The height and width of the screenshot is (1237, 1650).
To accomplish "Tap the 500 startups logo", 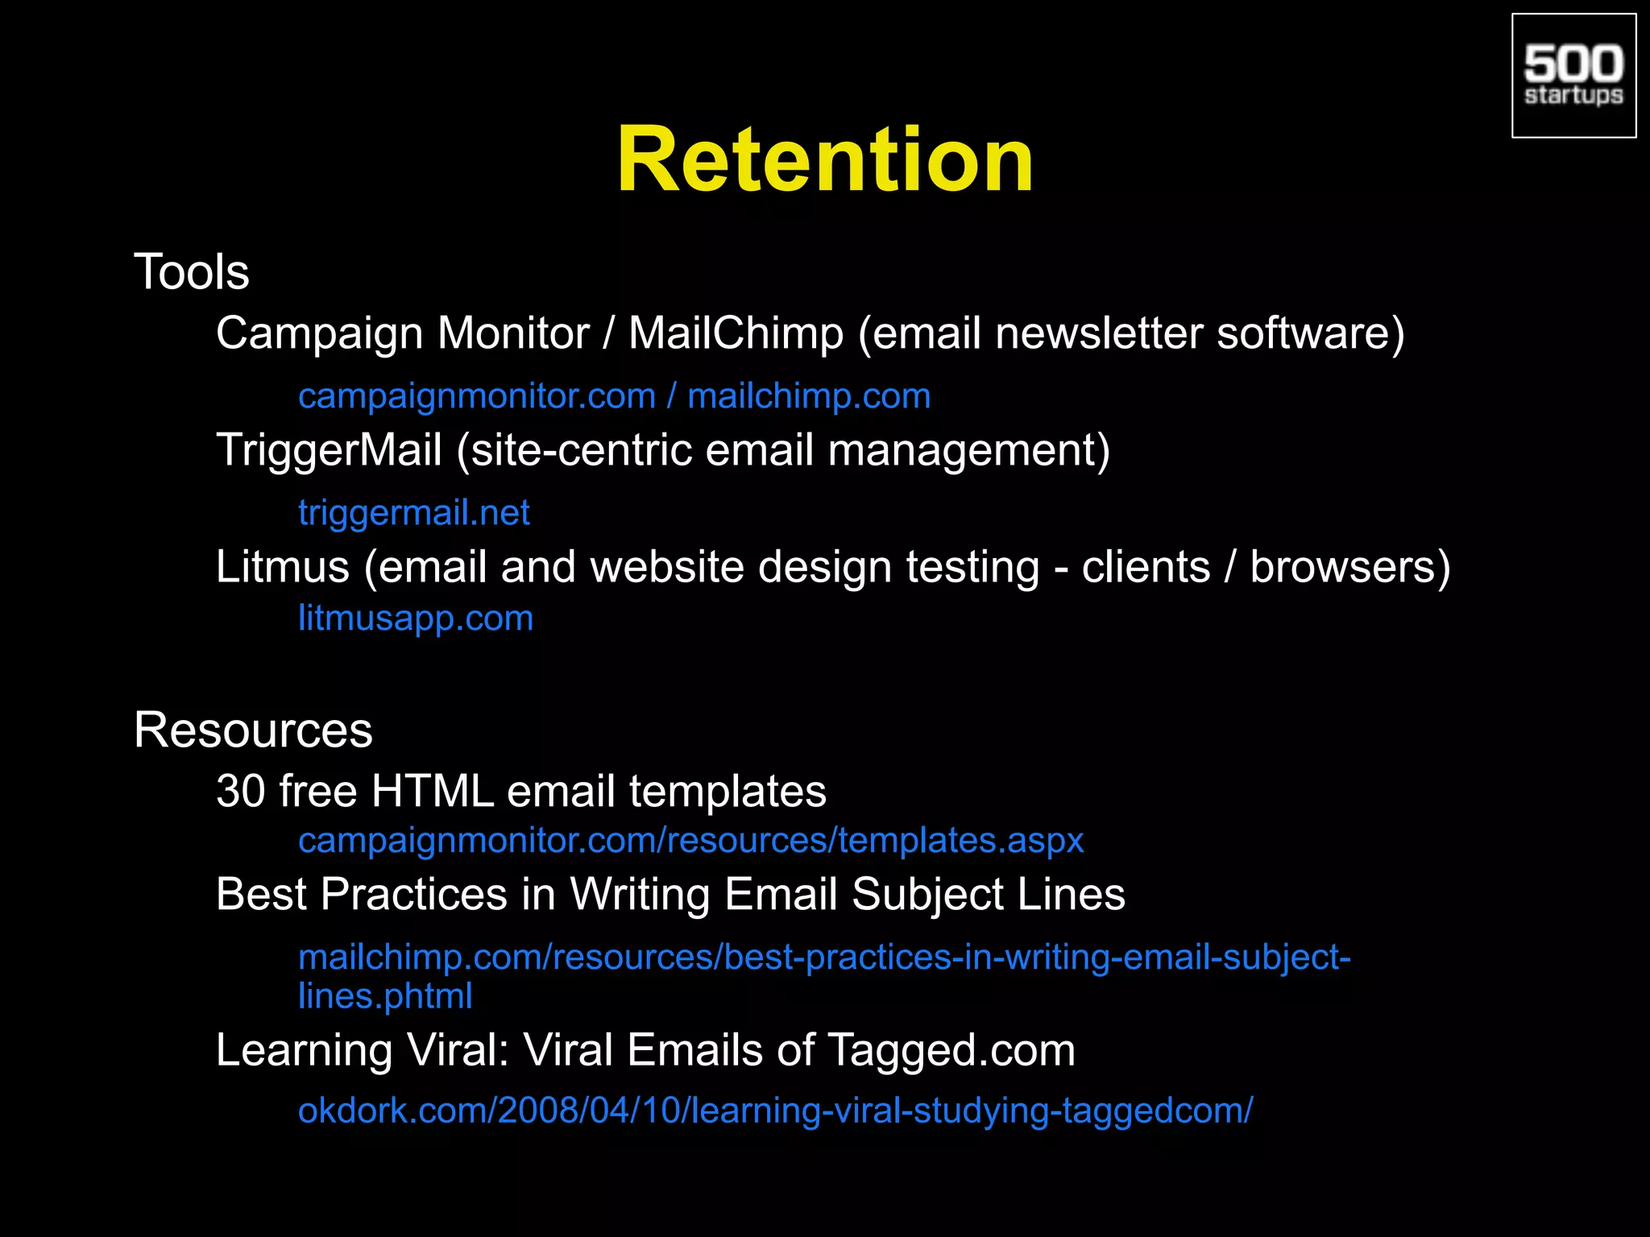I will pyautogui.click(x=1573, y=76).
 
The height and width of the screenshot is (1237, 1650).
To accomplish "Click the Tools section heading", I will pyautogui.click(x=191, y=271).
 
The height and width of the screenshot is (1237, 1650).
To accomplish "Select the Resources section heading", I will pyautogui.click(x=253, y=730).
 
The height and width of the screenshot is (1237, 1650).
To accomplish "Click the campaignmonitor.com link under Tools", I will pyautogui.click(x=476, y=396).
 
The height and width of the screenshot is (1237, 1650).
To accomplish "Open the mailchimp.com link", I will pyautogui.click(x=809, y=396).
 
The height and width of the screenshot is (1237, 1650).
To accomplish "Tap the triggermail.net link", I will pyautogui.click(x=414, y=513).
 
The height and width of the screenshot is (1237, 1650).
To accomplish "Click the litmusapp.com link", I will pyautogui.click(x=416, y=618).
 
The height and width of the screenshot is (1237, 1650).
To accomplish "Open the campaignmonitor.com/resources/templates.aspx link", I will pyautogui.click(x=690, y=841).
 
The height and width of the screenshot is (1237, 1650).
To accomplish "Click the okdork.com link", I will pyautogui.click(x=775, y=1111).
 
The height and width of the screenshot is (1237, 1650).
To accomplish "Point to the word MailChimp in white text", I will pyautogui.click(x=736, y=333).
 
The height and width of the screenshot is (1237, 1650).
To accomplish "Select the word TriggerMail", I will pyautogui.click(x=329, y=449).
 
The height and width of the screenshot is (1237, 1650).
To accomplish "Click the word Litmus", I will pyautogui.click(x=282, y=567).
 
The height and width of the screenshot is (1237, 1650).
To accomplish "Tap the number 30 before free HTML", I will pyautogui.click(x=240, y=791).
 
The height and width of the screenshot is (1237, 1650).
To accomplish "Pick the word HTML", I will pyautogui.click(x=433, y=791).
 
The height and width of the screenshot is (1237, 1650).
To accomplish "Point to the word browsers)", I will pyautogui.click(x=1350, y=567).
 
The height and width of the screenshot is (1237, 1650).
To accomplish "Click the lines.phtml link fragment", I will pyautogui.click(x=385, y=996).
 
